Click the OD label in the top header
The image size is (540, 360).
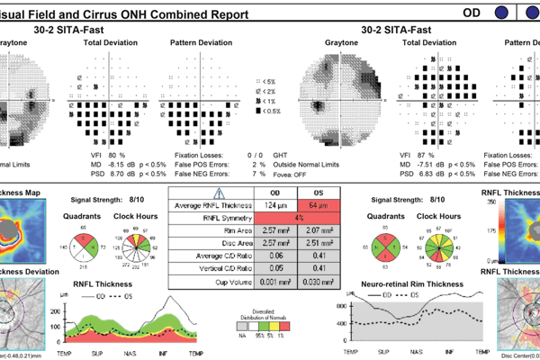pos(472,13)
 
